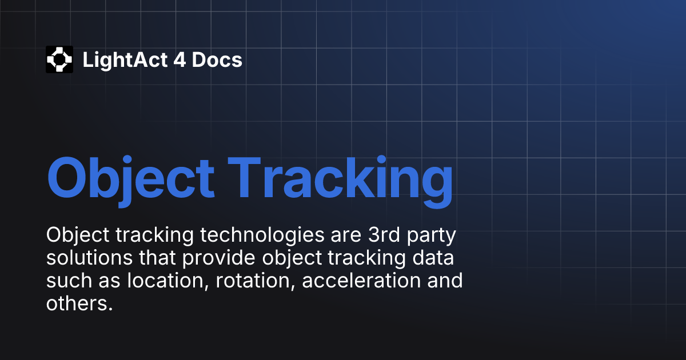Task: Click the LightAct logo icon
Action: coord(59,59)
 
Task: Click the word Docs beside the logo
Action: coord(217,60)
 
